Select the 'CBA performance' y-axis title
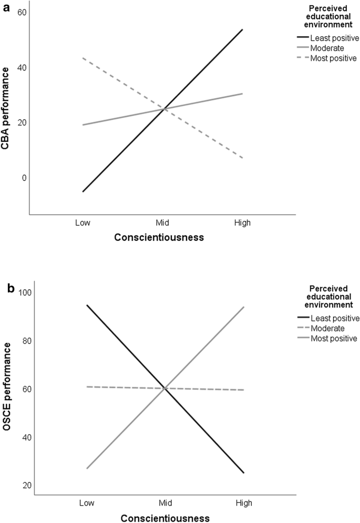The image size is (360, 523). [x=7, y=111]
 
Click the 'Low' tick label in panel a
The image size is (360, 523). [x=83, y=223]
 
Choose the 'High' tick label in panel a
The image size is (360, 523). [x=242, y=223]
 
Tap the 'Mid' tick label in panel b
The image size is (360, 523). [x=164, y=503]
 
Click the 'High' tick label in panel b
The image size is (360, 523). [x=244, y=503]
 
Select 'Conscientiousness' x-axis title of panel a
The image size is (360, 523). [x=160, y=237]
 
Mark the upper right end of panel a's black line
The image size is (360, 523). [x=242, y=29]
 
